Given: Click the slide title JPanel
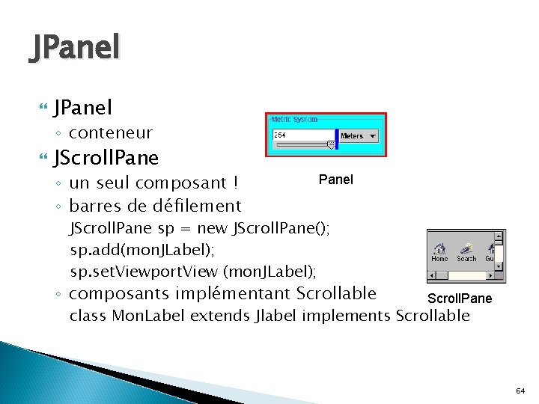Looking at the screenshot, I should [x=74, y=49].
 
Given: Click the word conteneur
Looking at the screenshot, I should [x=111, y=133].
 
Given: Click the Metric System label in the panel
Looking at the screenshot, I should [x=294, y=120].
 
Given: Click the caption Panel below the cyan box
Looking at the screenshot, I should [x=336, y=180].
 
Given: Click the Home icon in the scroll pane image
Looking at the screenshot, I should [x=440, y=248].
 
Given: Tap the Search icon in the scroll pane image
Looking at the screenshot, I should [x=467, y=248].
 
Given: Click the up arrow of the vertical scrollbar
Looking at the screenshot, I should [x=499, y=236].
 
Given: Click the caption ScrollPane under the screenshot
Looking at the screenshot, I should [x=459, y=299].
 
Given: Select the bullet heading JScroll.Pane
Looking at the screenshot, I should [x=106, y=158].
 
